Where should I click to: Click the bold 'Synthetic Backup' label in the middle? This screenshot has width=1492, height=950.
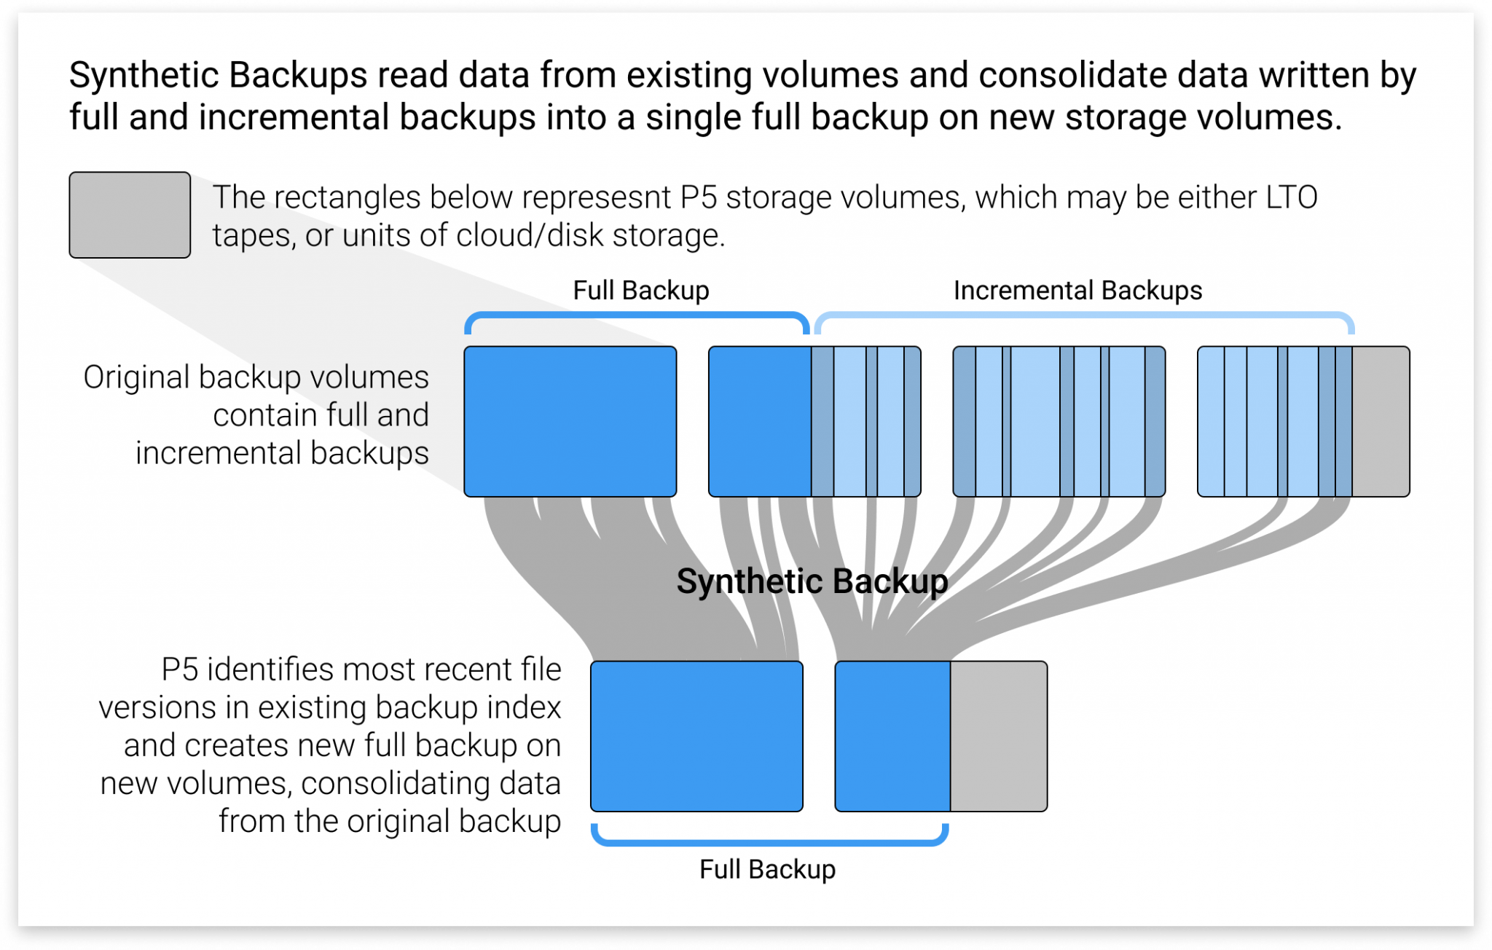coord(812,581)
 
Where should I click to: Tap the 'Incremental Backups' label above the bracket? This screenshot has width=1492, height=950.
coord(1077,291)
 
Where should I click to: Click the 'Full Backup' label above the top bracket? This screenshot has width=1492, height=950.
coord(640,291)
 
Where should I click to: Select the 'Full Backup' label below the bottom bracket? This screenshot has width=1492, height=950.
coord(767,870)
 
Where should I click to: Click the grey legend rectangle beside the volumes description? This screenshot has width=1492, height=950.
coord(130,215)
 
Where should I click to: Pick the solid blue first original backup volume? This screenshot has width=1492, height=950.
coord(570,421)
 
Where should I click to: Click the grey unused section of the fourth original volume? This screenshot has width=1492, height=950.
coord(1381,421)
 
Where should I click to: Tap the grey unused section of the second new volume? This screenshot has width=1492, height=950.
coord(998,737)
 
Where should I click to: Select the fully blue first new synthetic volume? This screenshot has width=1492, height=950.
coord(696,737)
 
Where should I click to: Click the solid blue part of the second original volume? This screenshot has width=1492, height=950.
coord(759,421)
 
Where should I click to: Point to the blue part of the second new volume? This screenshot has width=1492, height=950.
coord(892,737)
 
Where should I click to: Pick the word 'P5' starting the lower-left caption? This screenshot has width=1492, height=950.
coord(179,670)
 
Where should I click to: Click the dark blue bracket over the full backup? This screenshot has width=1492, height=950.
coord(637,315)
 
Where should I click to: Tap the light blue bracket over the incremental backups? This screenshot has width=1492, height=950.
coord(1084,315)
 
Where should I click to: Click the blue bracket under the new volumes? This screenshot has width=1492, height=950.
coord(769,842)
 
